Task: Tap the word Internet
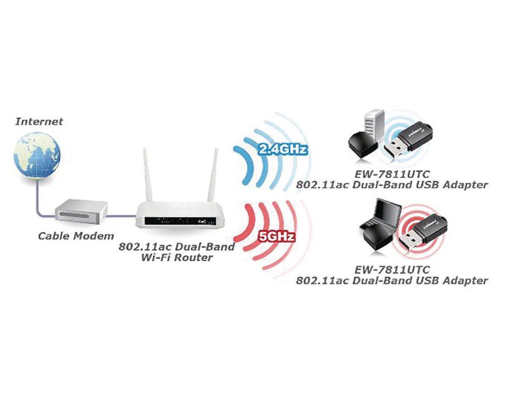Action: (39, 122)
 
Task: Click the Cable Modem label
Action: (76, 236)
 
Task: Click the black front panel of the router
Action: (181, 222)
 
